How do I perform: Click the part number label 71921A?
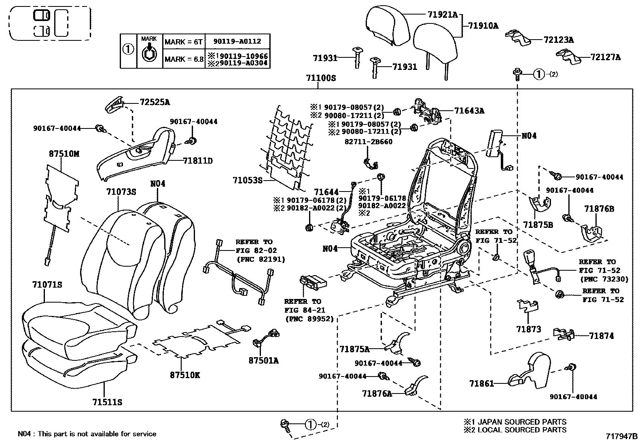coord(443,15)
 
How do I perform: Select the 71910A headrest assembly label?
coord(483,26)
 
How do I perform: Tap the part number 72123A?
coord(559,40)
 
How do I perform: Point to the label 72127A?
coord(606,57)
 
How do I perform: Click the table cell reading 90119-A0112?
coord(237,41)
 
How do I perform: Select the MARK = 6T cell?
coord(183,42)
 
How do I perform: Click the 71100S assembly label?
coord(321,78)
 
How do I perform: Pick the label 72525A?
coord(155,102)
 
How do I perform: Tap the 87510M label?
coord(64,154)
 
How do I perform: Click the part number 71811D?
coord(198,160)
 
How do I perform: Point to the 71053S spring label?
coord(248,180)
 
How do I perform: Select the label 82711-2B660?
coord(369,141)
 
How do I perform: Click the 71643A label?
coord(469,111)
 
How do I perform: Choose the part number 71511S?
coord(107,402)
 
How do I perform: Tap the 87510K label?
coord(185,375)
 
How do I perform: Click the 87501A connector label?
coord(264,360)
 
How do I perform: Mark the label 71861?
coord(481,383)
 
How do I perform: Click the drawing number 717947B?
coord(622,436)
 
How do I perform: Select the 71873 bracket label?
coord(528,329)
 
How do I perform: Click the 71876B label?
coord(599,209)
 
